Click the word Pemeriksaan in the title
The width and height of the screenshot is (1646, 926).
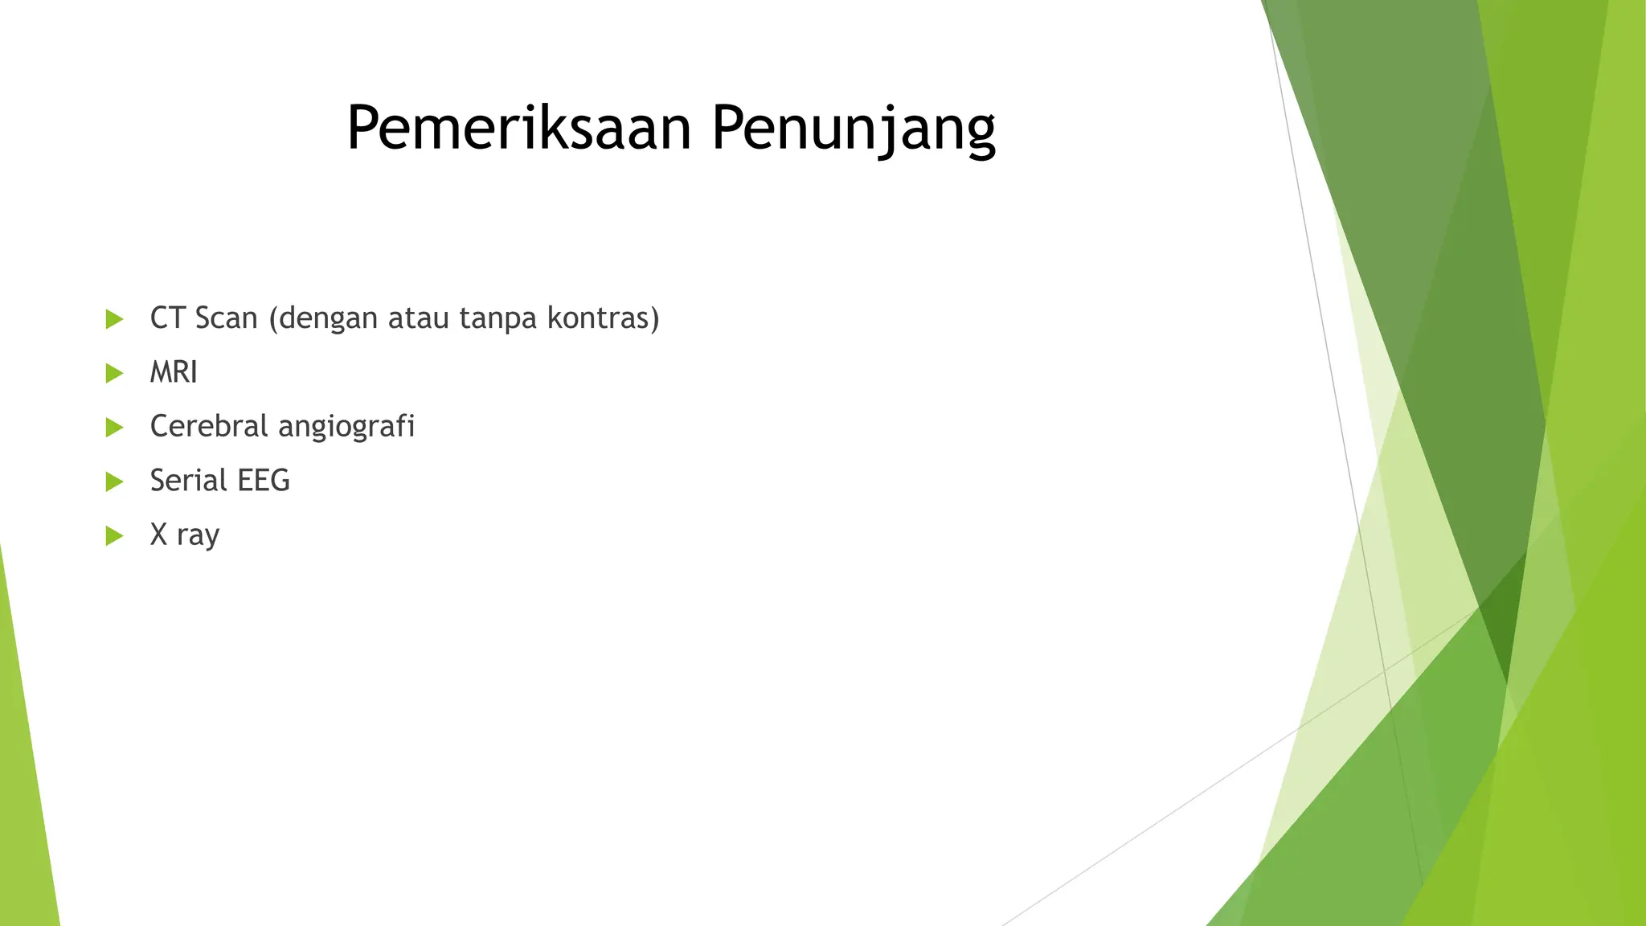coord(518,129)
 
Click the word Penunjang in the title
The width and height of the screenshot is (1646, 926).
coord(854,129)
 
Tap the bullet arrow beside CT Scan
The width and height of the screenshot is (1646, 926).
coord(114,319)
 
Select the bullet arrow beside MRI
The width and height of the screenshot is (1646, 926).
coord(114,373)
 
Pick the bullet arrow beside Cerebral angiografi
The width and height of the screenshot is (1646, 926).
coord(114,427)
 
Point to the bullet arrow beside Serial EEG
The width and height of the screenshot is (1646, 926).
coord(114,481)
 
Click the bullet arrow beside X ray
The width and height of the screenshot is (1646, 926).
coord(114,535)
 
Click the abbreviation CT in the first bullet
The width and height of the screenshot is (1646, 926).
coord(167,318)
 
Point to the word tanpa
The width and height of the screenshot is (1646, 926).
coord(497,318)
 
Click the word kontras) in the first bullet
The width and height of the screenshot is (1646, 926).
coord(603,318)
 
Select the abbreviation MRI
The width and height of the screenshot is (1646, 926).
coord(174,372)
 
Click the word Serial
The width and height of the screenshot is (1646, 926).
coord(189,481)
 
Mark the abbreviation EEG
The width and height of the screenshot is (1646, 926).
coord(264,481)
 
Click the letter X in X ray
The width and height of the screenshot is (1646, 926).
coord(158,535)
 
